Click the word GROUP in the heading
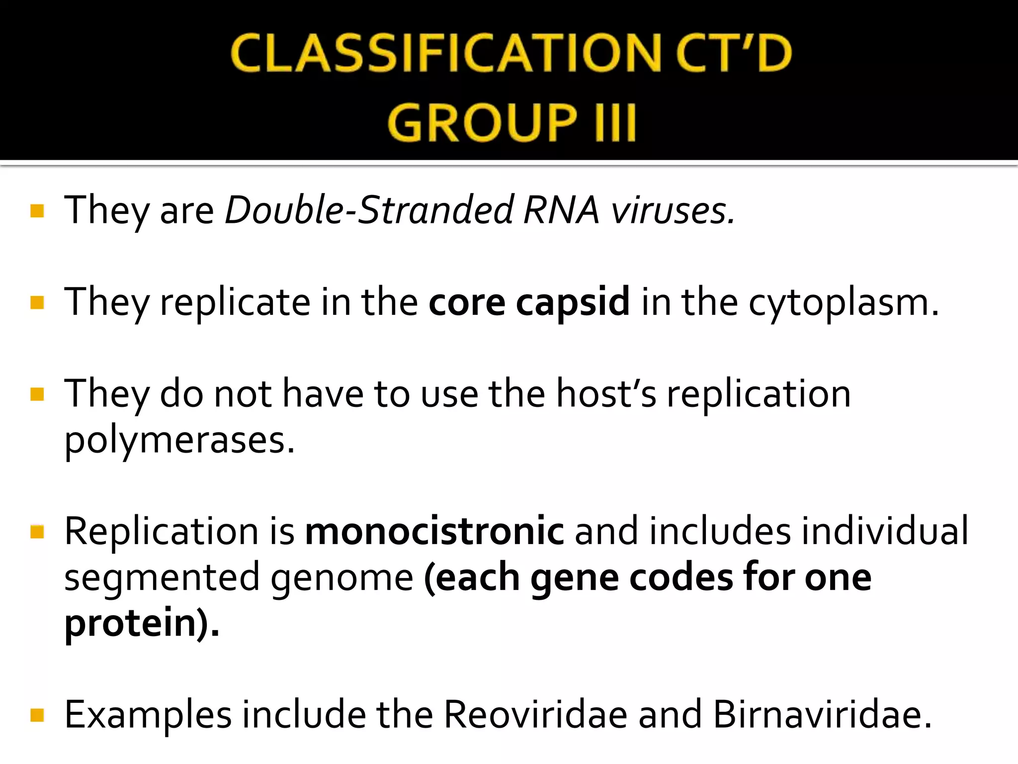[482, 122]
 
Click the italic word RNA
[561, 210]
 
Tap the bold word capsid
[573, 302]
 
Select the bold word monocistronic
[434, 531]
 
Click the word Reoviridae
[535, 715]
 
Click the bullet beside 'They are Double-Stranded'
[37, 211]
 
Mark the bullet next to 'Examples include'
[37, 716]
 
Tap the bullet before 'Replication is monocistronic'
[37, 532]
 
